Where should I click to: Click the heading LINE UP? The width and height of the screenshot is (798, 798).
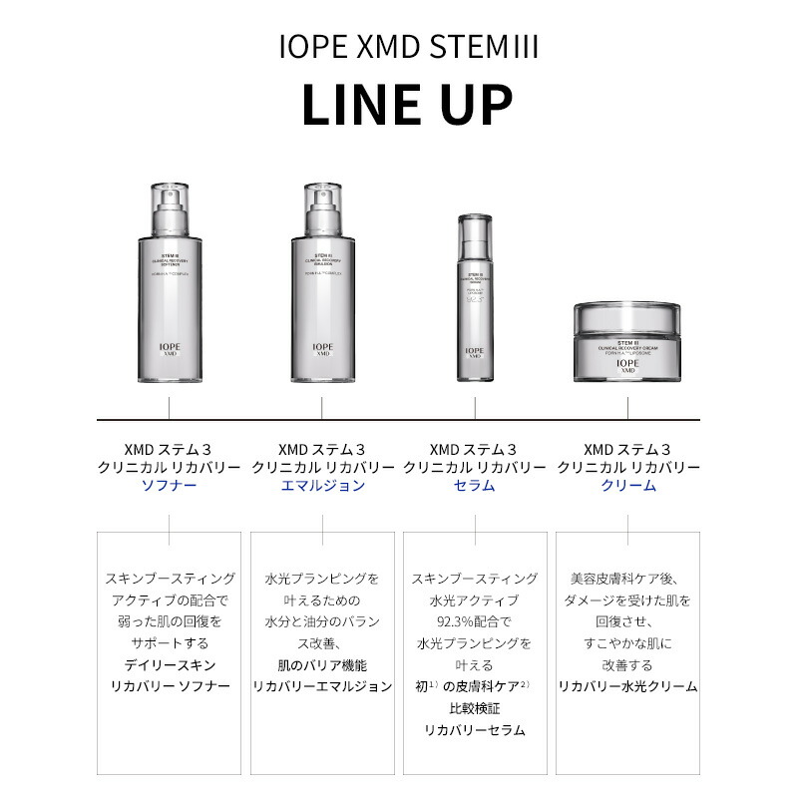(406, 105)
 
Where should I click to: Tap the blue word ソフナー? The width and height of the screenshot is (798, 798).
(169, 486)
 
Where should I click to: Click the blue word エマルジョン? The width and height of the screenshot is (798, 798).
(321, 486)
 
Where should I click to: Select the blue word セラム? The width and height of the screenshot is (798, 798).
(475, 486)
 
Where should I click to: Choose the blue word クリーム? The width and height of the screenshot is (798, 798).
(627, 486)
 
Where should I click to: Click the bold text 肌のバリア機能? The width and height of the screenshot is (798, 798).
(321, 665)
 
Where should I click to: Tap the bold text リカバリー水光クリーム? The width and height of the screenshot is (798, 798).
(627, 686)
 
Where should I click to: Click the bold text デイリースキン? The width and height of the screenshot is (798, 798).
(169, 665)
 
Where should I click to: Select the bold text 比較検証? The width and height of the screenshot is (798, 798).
(474, 708)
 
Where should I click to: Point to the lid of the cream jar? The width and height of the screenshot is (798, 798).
(627, 317)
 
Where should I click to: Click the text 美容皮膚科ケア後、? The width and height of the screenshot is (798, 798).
(627, 579)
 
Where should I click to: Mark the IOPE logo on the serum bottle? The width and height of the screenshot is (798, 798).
(475, 350)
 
